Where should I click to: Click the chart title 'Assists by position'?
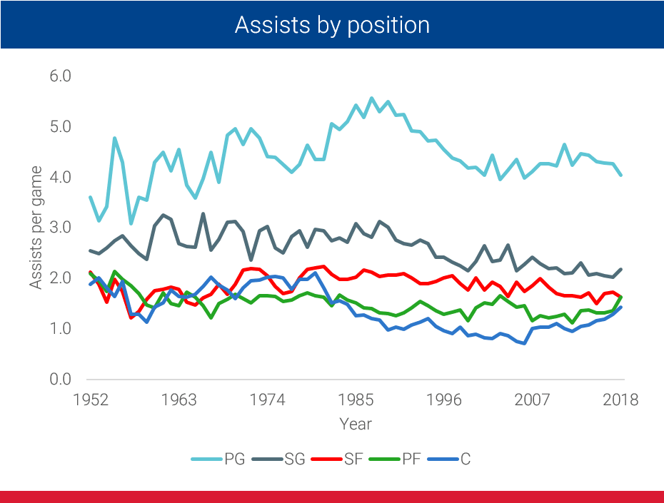332,26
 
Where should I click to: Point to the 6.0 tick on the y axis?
61,76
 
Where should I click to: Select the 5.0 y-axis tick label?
61,127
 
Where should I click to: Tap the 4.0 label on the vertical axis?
61,177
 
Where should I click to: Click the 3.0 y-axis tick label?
61,228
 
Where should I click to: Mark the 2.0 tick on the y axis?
61,278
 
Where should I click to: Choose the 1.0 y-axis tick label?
61,329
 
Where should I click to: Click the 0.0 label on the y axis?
61,379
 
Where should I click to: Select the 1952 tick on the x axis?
91,400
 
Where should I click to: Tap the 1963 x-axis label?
178,400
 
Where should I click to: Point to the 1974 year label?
267,400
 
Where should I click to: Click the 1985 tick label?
355,400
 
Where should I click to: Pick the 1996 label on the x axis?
443,400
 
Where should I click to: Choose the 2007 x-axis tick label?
532,400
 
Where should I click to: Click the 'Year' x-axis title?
355,425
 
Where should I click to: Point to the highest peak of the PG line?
372,98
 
